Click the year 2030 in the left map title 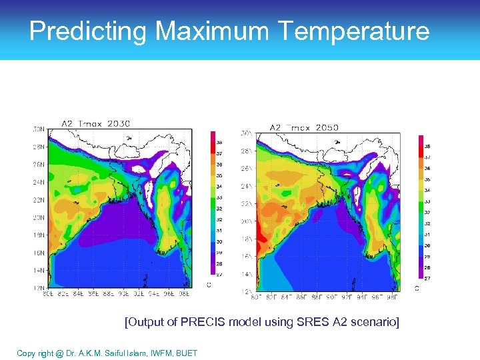click(117, 123)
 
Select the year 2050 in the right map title click(325, 127)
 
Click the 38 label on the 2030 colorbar click(219, 142)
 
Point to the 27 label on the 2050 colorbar click(427, 277)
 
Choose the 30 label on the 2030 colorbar click(219, 241)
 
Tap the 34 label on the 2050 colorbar click(427, 190)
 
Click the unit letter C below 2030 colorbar click(209, 285)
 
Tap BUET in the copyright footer click(186, 353)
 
